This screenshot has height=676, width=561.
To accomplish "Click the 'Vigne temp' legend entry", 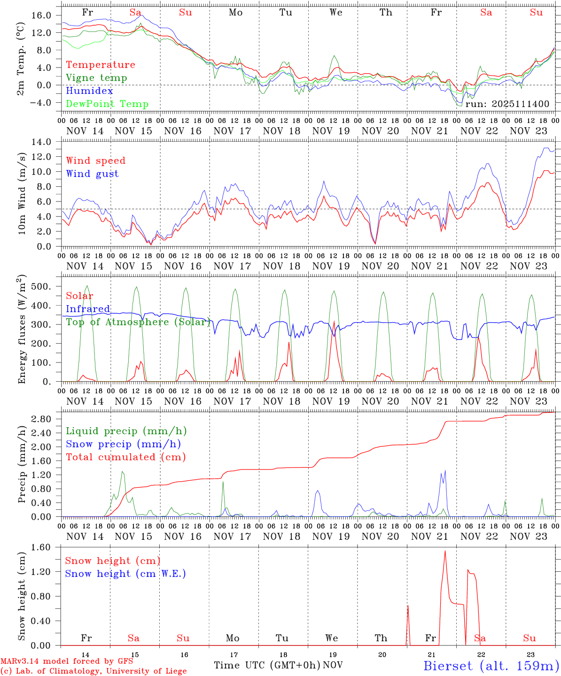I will tap(96, 78).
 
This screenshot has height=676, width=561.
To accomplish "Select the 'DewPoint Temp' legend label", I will tap(107, 104).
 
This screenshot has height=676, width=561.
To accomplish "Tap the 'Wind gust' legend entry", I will tap(92, 174).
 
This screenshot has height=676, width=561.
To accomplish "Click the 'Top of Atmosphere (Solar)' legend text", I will tap(138, 322).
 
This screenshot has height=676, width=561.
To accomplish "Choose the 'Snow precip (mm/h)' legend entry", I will tap(123, 444).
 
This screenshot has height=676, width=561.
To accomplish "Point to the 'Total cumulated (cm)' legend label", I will tap(125, 457).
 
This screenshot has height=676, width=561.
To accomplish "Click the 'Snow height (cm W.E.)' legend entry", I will tap(125, 574).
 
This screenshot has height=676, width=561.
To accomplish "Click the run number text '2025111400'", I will tap(522, 104).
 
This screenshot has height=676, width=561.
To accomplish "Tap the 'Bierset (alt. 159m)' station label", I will tap(491, 665).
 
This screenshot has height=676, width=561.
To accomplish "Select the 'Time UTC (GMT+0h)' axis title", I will tap(267, 665).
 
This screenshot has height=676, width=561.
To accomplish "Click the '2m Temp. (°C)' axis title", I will tap(22, 58).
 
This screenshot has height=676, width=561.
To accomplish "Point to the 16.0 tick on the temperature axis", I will tap(41, 15).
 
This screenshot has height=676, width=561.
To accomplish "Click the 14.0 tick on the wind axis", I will tap(41, 142).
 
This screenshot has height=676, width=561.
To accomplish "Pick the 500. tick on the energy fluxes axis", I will tap(41, 286).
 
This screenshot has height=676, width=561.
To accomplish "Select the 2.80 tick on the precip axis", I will tap(41, 419).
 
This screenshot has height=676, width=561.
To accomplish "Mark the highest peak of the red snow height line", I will tap(445, 551).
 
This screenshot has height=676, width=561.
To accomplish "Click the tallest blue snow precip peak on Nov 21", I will tap(444, 471).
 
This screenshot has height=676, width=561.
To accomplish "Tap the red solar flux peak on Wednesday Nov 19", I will tap(334, 322).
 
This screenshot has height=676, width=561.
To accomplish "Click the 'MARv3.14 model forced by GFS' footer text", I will tap(67, 661).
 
